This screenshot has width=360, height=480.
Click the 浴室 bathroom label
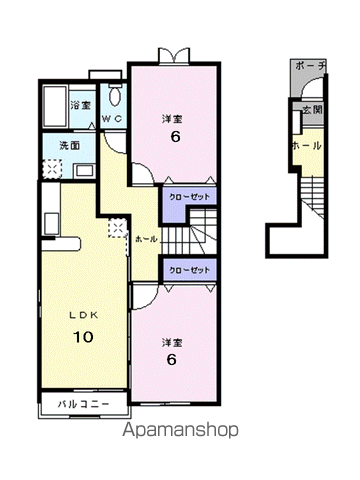(x=81, y=106)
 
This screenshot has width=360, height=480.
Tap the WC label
(x=112, y=119)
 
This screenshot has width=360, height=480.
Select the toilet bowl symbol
(x=115, y=93)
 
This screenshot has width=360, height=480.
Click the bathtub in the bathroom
(x=55, y=106)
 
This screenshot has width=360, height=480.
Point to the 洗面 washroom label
(x=70, y=146)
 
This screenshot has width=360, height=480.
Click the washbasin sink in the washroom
(x=85, y=171)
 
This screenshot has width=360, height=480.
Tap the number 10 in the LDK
(x=83, y=337)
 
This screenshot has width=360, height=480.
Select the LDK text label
(x=83, y=315)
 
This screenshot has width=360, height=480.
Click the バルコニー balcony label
(x=83, y=404)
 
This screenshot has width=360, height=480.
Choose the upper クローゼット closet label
(x=190, y=197)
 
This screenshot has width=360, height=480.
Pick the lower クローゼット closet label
(x=190, y=270)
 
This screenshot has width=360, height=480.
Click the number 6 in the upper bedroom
(x=175, y=136)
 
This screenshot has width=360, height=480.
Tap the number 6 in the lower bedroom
(x=171, y=359)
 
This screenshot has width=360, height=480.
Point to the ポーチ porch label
(x=310, y=66)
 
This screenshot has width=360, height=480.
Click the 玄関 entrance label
(x=312, y=110)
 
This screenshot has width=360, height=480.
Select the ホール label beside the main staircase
(x=146, y=239)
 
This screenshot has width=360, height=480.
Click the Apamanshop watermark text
(x=180, y=430)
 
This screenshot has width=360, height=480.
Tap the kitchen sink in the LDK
(x=52, y=223)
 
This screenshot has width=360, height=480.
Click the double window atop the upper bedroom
(x=174, y=56)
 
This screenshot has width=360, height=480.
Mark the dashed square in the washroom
(x=52, y=168)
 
